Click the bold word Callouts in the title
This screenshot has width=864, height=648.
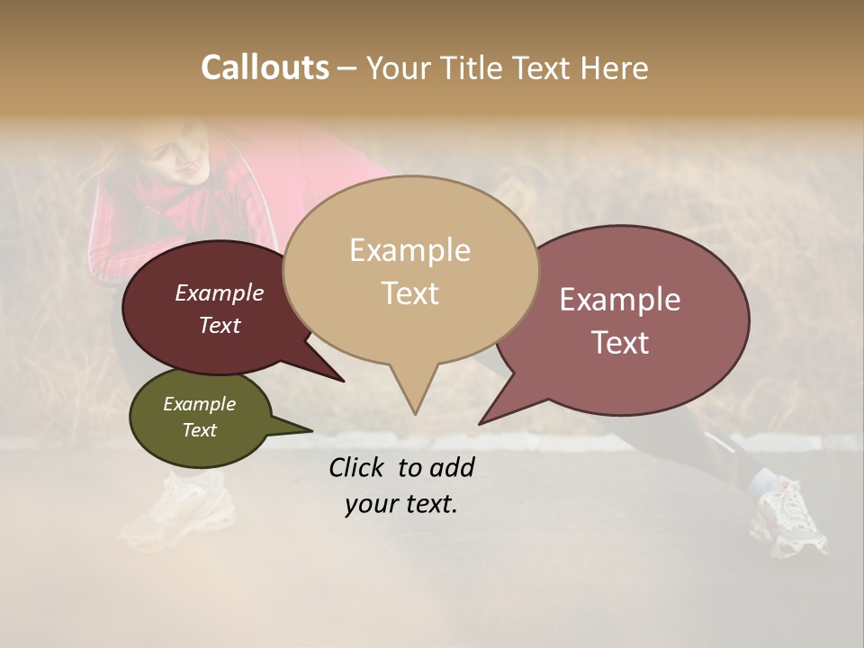[x=265, y=68]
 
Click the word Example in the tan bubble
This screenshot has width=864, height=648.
[x=409, y=250]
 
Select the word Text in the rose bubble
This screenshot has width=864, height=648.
[x=620, y=343]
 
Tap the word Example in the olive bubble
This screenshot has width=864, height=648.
[x=199, y=404]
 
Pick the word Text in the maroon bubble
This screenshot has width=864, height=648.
[x=220, y=326]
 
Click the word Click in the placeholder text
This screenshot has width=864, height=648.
[x=358, y=467]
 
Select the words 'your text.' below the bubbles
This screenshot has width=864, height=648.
[x=401, y=504]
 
